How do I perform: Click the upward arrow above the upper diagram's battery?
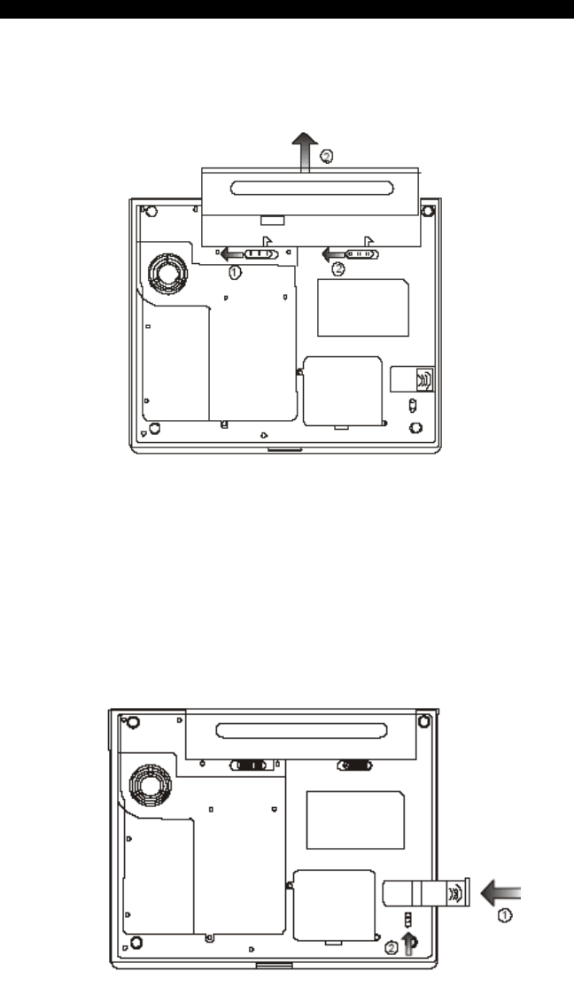(x=305, y=152)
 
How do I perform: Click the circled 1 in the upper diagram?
(x=234, y=273)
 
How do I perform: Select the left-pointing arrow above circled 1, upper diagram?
(x=232, y=254)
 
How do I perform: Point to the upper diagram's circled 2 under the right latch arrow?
(x=338, y=268)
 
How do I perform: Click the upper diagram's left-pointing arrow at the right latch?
(x=334, y=254)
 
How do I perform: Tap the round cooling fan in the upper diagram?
(x=168, y=273)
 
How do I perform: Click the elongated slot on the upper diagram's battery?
(x=312, y=188)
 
